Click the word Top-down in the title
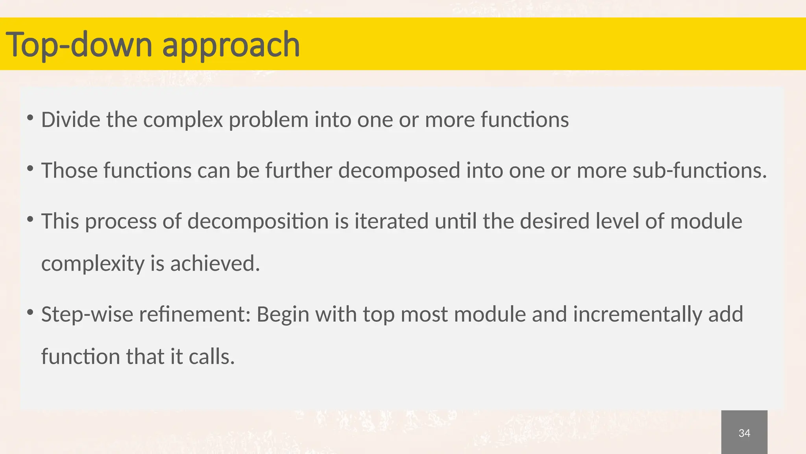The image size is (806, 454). pos(79,45)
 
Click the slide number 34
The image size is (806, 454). pos(744,433)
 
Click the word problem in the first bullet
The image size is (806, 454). pos(268,119)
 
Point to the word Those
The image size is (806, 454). pos(69,170)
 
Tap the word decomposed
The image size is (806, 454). pos(399,170)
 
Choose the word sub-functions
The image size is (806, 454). pos(700,170)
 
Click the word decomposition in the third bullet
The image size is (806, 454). pos(258,221)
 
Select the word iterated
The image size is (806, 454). pos(391,221)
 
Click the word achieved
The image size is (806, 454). pos(215,263)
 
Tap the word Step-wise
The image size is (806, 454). pos(87,314)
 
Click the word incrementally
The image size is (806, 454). pos(638,315)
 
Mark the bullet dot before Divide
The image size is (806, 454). pos(30,118)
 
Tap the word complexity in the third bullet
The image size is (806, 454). pos(92,264)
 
